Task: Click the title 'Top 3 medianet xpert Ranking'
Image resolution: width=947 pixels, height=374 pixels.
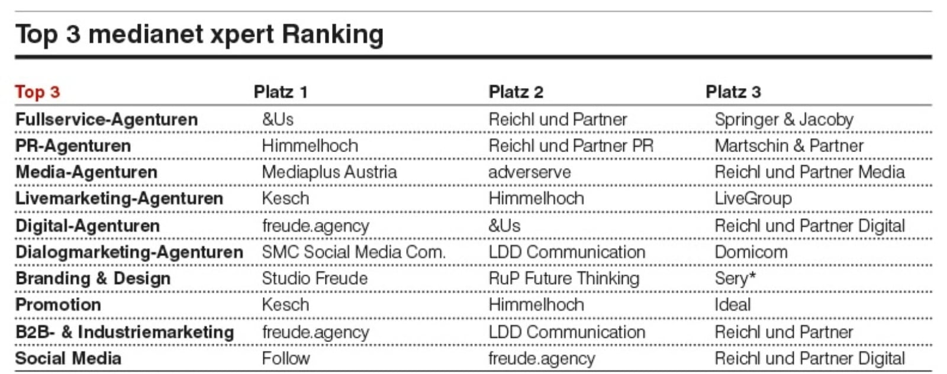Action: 199,35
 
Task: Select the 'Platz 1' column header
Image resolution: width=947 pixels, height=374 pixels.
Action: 281,92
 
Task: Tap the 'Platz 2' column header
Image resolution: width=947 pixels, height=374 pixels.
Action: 516,92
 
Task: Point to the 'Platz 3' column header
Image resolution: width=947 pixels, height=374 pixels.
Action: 733,92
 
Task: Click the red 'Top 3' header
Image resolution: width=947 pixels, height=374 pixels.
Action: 38,92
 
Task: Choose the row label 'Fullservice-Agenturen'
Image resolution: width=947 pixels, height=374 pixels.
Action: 107,120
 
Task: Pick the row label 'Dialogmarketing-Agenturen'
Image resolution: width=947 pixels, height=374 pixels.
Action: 130,252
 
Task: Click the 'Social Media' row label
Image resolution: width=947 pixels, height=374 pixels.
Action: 69,359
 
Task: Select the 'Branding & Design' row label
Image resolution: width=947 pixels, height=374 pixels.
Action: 93,279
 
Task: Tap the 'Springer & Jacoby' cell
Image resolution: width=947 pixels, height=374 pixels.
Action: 784,120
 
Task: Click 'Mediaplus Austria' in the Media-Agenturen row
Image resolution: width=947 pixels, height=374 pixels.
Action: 329,172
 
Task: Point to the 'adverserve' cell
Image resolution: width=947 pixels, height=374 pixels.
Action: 530,172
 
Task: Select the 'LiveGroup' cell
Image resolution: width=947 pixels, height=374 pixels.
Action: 753,199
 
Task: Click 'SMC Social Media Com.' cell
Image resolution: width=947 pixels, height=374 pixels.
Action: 354,252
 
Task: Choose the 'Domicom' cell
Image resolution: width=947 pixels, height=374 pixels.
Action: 751,252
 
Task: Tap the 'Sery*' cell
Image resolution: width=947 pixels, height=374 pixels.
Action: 735,279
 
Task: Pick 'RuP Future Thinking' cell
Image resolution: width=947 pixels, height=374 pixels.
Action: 564,279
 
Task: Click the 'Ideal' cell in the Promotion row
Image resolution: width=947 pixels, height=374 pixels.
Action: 733,305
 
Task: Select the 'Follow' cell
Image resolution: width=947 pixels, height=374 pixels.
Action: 286,359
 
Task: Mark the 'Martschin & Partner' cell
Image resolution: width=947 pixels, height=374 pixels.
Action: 789,146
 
